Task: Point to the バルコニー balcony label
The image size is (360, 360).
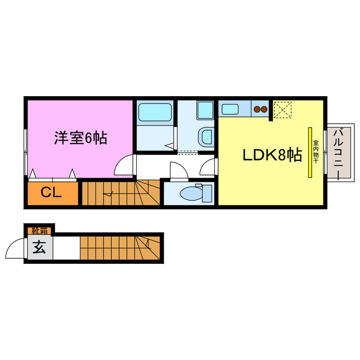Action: click(x=339, y=151)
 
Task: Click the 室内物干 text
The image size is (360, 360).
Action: click(x=316, y=152)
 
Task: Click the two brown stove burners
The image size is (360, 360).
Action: click(x=260, y=109)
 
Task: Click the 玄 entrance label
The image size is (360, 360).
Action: click(x=39, y=247)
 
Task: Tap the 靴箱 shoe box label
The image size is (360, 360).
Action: click(x=39, y=229)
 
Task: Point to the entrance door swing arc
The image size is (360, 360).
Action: click(x=13, y=246)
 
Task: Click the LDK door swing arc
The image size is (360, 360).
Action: click(x=209, y=167)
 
